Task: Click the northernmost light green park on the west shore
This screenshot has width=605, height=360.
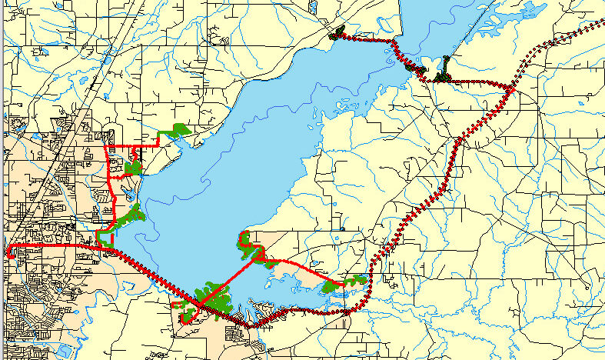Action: (x=179, y=130)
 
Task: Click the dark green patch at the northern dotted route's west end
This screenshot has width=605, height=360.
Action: (x=337, y=34)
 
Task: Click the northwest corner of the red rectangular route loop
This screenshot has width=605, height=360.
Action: (x=105, y=145)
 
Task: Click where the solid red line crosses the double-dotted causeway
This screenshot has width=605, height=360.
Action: (x=198, y=305)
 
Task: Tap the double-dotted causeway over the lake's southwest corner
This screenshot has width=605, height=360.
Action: (x=154, y=273)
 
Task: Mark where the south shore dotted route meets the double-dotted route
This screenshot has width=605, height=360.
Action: (x=350, y=311)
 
